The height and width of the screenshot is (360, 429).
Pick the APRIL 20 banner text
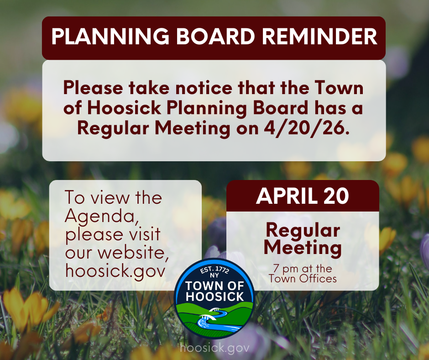(x=303, y=196)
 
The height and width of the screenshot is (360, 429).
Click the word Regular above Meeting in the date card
(x=303, y=230)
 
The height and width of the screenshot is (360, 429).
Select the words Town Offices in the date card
(x=303, y=278)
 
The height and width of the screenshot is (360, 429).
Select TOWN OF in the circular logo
(x=214, y=287)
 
